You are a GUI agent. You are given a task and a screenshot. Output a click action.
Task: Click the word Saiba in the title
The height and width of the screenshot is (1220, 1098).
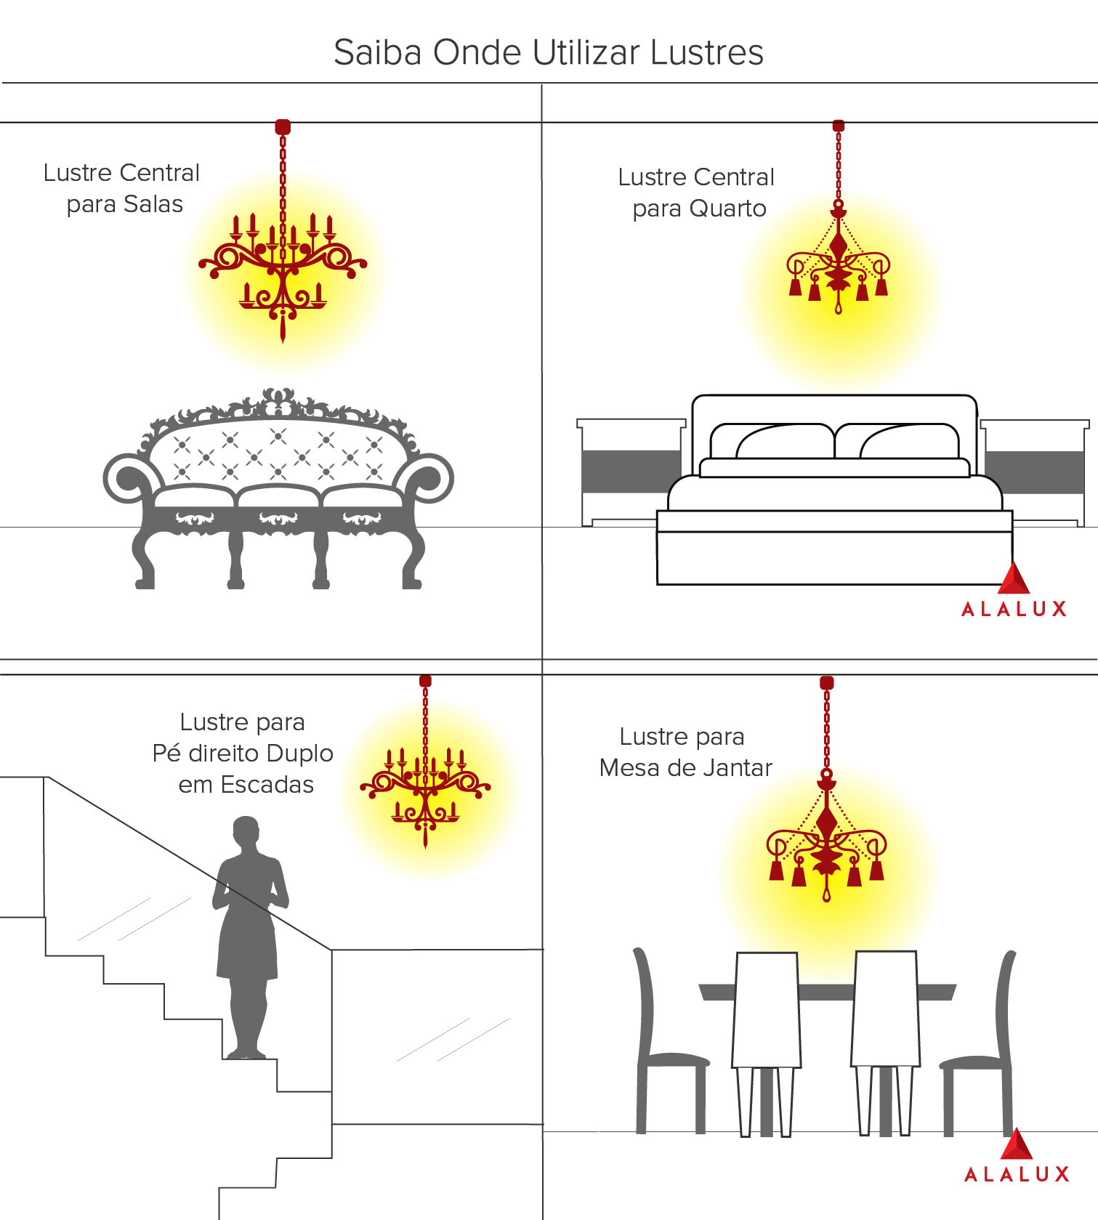point(376,53)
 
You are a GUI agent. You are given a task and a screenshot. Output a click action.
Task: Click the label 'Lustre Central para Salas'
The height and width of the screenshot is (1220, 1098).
point(122,188)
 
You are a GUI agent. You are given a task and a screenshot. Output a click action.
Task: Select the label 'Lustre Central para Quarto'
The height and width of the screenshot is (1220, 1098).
point(697,193)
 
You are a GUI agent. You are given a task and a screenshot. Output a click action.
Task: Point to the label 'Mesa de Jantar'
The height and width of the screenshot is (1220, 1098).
point(685,768)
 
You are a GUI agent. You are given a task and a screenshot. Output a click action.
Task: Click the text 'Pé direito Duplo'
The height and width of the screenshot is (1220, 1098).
point(243,754)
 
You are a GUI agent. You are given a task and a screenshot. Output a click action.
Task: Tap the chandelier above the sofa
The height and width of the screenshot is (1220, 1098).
point(283,269)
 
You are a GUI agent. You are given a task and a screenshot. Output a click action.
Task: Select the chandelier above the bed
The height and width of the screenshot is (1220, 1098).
point(839,265)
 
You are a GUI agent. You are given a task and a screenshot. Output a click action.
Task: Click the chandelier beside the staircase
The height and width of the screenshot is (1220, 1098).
point(425,788)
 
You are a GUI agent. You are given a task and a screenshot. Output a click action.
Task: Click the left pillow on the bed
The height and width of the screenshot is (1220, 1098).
point(772,441)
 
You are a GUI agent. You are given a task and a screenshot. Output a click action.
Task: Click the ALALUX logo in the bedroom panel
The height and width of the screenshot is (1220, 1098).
point(1014,592)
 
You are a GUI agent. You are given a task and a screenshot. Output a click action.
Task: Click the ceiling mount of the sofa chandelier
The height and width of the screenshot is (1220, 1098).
point(283,127)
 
